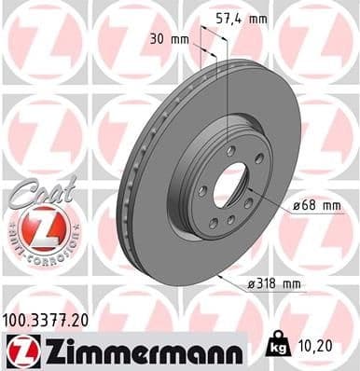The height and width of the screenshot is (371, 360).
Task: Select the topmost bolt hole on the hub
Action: click(230, 149)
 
